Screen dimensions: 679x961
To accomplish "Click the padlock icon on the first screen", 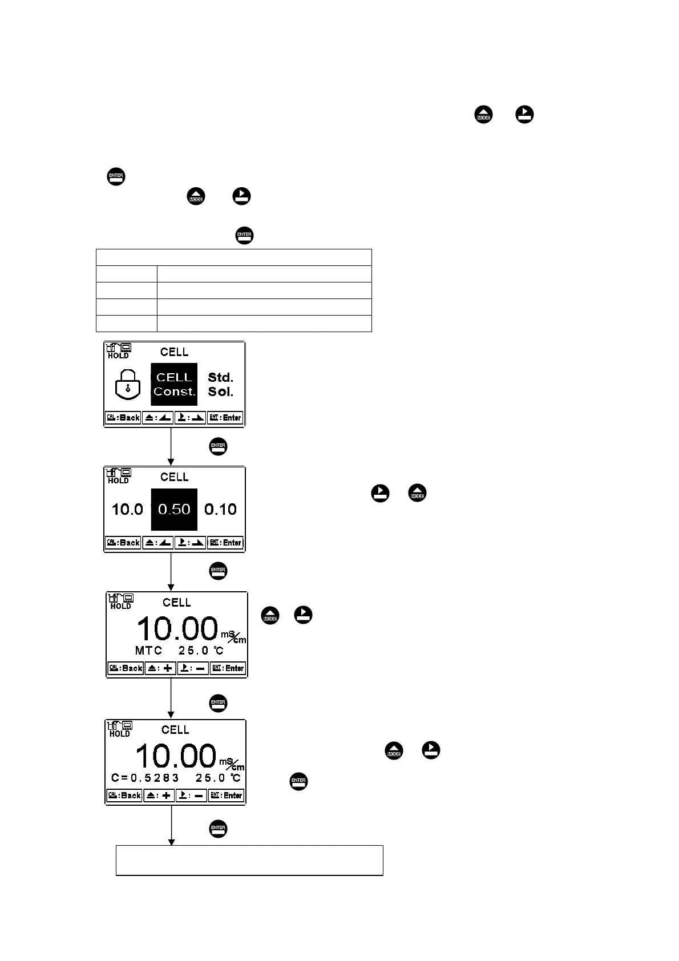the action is tap(127, 385).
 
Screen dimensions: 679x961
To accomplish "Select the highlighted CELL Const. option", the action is tap(174, 385).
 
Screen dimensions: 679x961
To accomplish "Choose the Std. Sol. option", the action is tap(220, 385).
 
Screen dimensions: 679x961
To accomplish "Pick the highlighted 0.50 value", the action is tap(174, 509).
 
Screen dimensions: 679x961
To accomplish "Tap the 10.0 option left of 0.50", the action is tap(127, 509).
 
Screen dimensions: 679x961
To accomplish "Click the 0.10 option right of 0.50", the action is tap(220, 509).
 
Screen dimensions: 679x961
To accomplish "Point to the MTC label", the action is tap(148, 650).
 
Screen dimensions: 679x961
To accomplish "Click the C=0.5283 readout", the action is tap(145, 778).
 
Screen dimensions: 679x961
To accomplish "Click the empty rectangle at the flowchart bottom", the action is tap(249, 860).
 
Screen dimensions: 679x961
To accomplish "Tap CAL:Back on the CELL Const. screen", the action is tap(123, 418).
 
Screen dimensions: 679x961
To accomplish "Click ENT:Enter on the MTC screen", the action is tap(227, 668).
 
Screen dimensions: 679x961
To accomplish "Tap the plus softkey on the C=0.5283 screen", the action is tap(159, 796).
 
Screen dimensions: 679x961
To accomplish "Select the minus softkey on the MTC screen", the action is tap(193, 668).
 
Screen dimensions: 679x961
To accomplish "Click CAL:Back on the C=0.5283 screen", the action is tap(124, 796).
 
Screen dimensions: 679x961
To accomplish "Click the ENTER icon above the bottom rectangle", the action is tap(218, 829).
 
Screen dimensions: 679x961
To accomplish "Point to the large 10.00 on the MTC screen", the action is tap(177, 629).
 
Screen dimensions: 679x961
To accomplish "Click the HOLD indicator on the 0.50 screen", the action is tap(118, 480).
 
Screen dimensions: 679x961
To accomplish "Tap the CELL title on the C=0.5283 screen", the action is tap(175, 730).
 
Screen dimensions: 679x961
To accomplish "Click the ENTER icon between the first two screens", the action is tap(218, 447).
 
